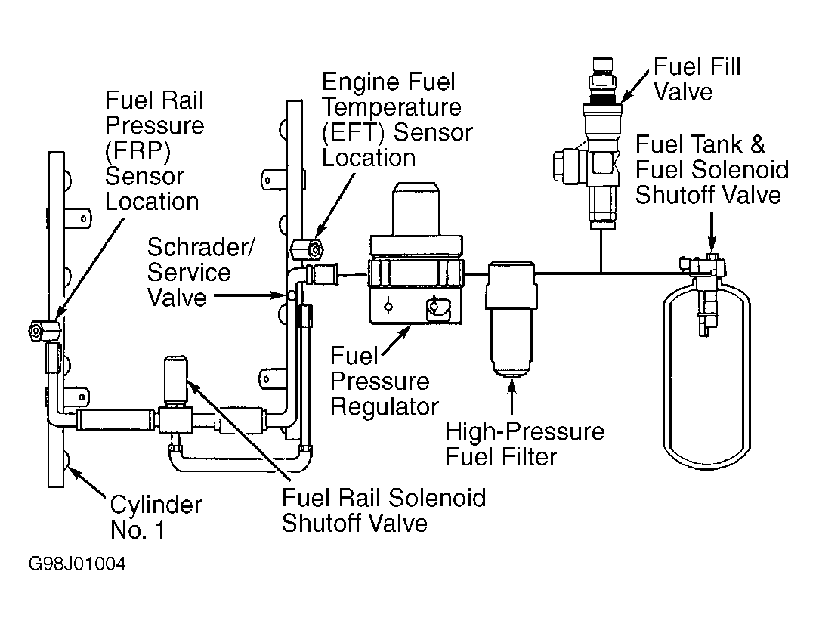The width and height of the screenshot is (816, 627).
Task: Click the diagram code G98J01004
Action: pos(77,564)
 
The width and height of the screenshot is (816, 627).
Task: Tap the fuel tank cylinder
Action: pos(706,375)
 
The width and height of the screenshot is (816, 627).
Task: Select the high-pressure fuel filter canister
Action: pos(511,319)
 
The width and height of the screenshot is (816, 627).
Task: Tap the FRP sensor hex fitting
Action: pos(43,330)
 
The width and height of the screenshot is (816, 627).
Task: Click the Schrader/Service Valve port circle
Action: pos(292,296)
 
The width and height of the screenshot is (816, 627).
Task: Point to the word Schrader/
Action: pos(201,247)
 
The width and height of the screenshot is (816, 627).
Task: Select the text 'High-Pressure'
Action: pos(524,431)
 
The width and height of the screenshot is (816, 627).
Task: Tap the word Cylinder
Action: pos(156,505)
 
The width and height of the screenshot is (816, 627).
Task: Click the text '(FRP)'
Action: pos(138,151)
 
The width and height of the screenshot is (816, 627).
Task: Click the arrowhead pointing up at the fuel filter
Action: pos(512,385)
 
